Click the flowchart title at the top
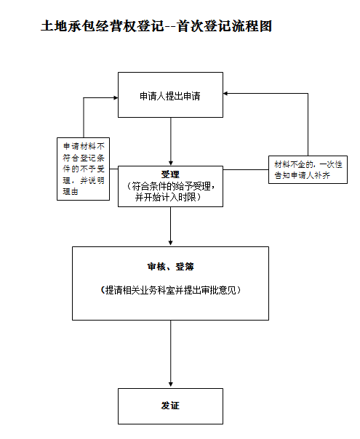pyautogui.click(x=156, y=26)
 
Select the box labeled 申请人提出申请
pyautogui.click(x=170, y=95)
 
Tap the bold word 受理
pyautogui.click(x=170, y=174)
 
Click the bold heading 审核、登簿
pyautogui.click(x=170, y=267)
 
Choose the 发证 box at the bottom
pyautogui.click(x=170, y=406)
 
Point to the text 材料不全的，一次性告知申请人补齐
pyautogui.click(x=308, y=169)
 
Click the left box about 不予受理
pyautogui.click(x=83, y=169)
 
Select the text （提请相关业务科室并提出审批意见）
pyautogui.click(x=170, y=290)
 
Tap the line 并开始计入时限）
pyautogui.click(x=168, y=198)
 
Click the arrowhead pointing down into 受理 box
pyautogui.click(x=171, y=164)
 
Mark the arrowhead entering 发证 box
pyautogui.click(x=171, y=385)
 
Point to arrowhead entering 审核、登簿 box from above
pyautogui.click(x=171, y=243)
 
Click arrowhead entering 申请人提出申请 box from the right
pyautogui.click(x=225, y=94)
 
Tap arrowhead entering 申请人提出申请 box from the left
pyautogui.click(x=116, y=97)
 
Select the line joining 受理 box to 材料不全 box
pyautogui.click(x=246, y=169)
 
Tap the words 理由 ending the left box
pyautogui.click(x=70, y=191)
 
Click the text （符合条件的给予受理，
pyautogui.click(x=171, y=186)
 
